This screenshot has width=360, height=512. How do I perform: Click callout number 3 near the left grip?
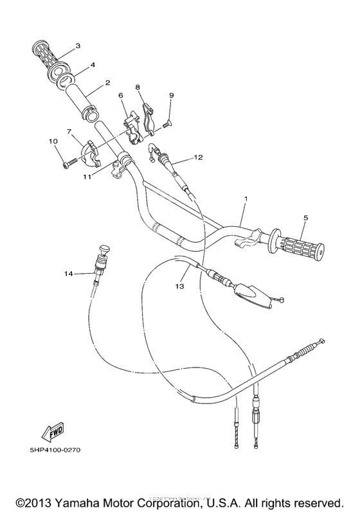[x=77, y=46]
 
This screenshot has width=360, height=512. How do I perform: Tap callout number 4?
[x=93, y=65]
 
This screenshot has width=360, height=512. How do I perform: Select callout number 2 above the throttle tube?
[x=107, y=83]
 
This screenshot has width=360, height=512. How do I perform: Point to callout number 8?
[x=138, y=86]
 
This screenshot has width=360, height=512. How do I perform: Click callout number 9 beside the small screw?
[x=171, y=96]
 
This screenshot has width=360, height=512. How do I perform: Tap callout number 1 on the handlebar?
[x=245, y=200]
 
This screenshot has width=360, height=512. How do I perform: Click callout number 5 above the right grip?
[x=306, y=217]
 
